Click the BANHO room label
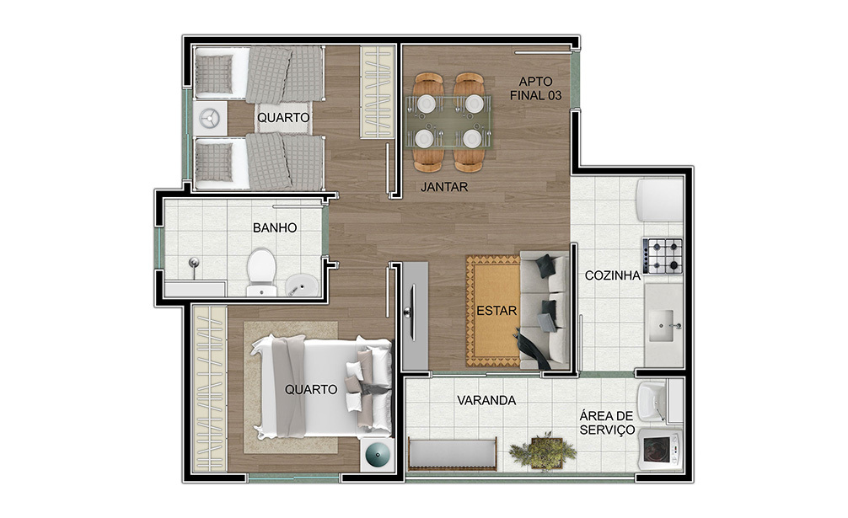pos(275,227)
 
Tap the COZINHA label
pos(612,275)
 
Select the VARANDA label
pos(486,400)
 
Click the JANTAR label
pos(444,187)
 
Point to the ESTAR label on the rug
pos(496,311)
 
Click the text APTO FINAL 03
pos(536,88)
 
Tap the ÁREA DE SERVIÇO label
pos(607,423)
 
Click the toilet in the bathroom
pos(262,272)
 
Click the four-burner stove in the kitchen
pos(663,255)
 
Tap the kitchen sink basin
pos(661,325)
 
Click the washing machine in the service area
pos(660,450)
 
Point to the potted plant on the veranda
pos(543,450)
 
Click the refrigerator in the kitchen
pos(660,200)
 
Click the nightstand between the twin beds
pos(209,118)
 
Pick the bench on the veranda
pos(452,454)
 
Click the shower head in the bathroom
pos(193,264)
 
